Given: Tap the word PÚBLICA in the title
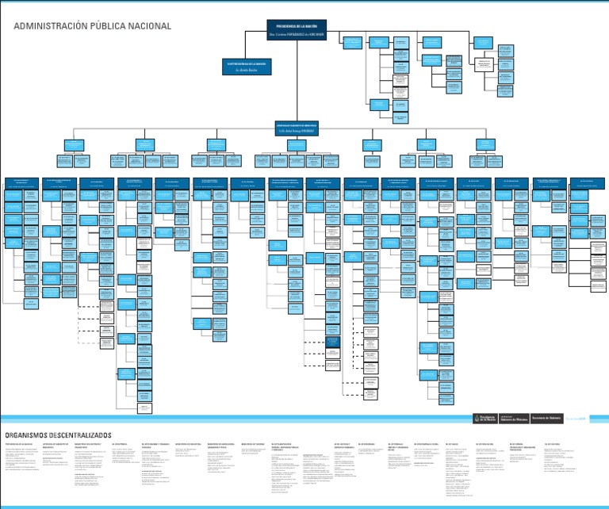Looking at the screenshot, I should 109,26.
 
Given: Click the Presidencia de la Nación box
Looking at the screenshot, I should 296,30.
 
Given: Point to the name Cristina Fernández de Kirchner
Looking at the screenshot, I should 296,36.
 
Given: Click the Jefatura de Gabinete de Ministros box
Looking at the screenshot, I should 296,128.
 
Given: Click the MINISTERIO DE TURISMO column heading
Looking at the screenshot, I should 252,444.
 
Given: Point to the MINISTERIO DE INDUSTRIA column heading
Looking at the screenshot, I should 189,444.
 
